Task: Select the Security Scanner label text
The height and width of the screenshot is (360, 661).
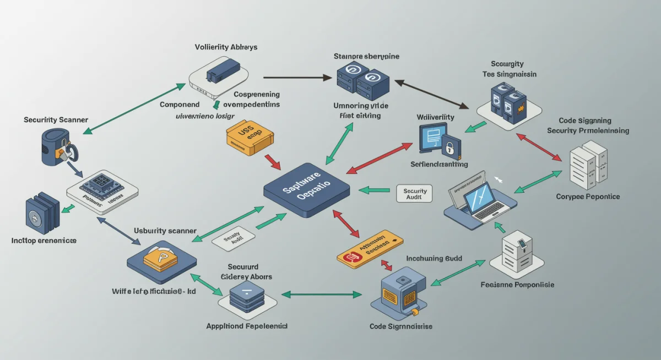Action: (x=56, y=119)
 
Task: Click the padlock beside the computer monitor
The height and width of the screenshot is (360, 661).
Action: (x=449, y=147)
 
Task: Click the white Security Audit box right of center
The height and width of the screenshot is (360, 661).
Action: (x=414, y=193)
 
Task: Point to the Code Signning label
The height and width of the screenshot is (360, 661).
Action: (x=584, y=121)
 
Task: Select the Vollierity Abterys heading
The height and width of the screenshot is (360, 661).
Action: (x=226, y=47)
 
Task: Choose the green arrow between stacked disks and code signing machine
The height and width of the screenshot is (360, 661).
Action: (x=322, y=294)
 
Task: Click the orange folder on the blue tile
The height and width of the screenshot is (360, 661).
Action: (x=160, y=257)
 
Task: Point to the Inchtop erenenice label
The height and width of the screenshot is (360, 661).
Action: (x=44, y=241)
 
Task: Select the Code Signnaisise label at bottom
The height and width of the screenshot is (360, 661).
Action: (x=400, y=326)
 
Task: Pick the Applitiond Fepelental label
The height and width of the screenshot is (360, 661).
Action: (x=247, y=326)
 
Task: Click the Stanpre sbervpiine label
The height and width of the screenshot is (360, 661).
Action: (x=366, y=56)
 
